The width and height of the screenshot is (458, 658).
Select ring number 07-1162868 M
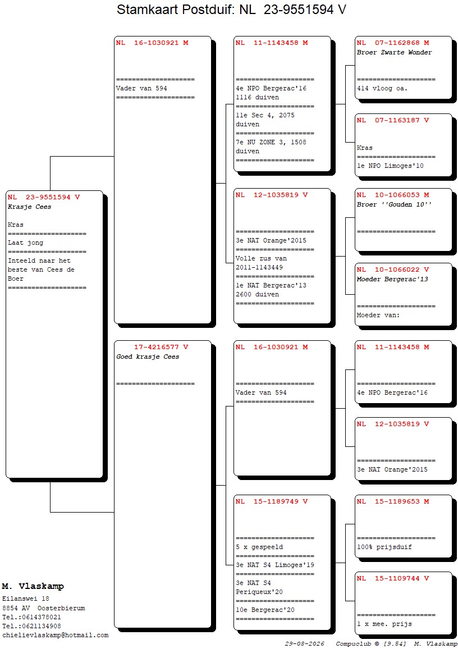pyautogui.click(x=402, y=43)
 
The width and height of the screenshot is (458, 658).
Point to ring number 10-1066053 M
pyautogui.click(x=402, y=195)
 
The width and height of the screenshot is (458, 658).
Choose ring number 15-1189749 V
pyautogui.click(x=281, y=501)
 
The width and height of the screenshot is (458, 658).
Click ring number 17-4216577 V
pyautogui.click(x=161, y=347)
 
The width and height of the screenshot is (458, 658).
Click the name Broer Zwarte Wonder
pyautogui.click(x=394, y=52)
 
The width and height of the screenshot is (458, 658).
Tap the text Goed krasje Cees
pyautogui.click(x=148, y=357)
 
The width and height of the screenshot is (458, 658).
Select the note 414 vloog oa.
pyautogui.click(x=382, y=89)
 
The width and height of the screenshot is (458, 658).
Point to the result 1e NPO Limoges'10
pyautogui.click(x=391, y=166)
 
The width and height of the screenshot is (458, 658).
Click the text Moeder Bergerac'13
pyautogui.click(x=392, y=280)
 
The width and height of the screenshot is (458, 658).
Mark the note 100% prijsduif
pyautogui.click(x=384, y=547)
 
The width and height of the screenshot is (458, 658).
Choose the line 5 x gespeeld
pyautogui.click(x=259, y=547)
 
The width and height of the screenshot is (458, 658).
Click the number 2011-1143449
pyautogui.click(x=259, y=268)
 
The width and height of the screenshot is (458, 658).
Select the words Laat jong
pyautogui.click(x=26, y=243)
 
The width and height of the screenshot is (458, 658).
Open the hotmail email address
pyautogui.click(x=56, y=636)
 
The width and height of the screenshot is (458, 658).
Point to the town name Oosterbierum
pyautogui.click(x=61, y=608)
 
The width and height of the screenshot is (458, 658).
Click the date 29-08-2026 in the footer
pyautogui.click(x=305, y=644)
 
